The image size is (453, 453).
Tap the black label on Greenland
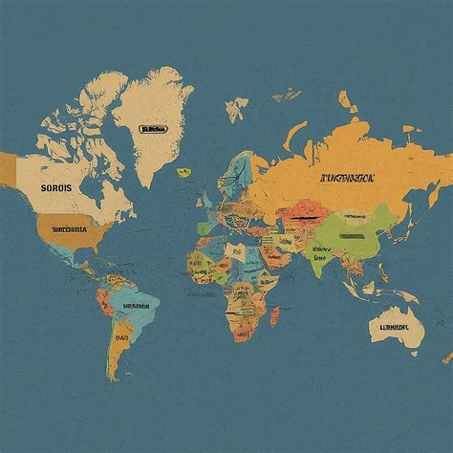point(152,128)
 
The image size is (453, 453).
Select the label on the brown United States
point(68,229)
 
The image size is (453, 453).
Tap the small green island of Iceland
point(183,172)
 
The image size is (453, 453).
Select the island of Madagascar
point(276,315)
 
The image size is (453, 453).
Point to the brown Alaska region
point(8,168)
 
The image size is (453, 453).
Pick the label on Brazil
point(134,307)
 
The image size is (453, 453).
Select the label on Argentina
point(121,337)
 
